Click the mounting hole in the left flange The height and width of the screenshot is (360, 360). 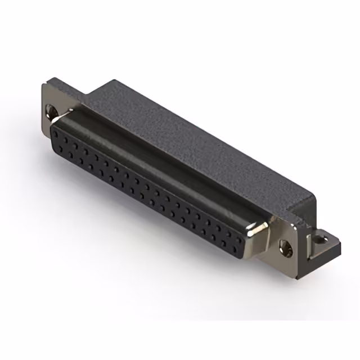pyautogui.click(x=52, y=111)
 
